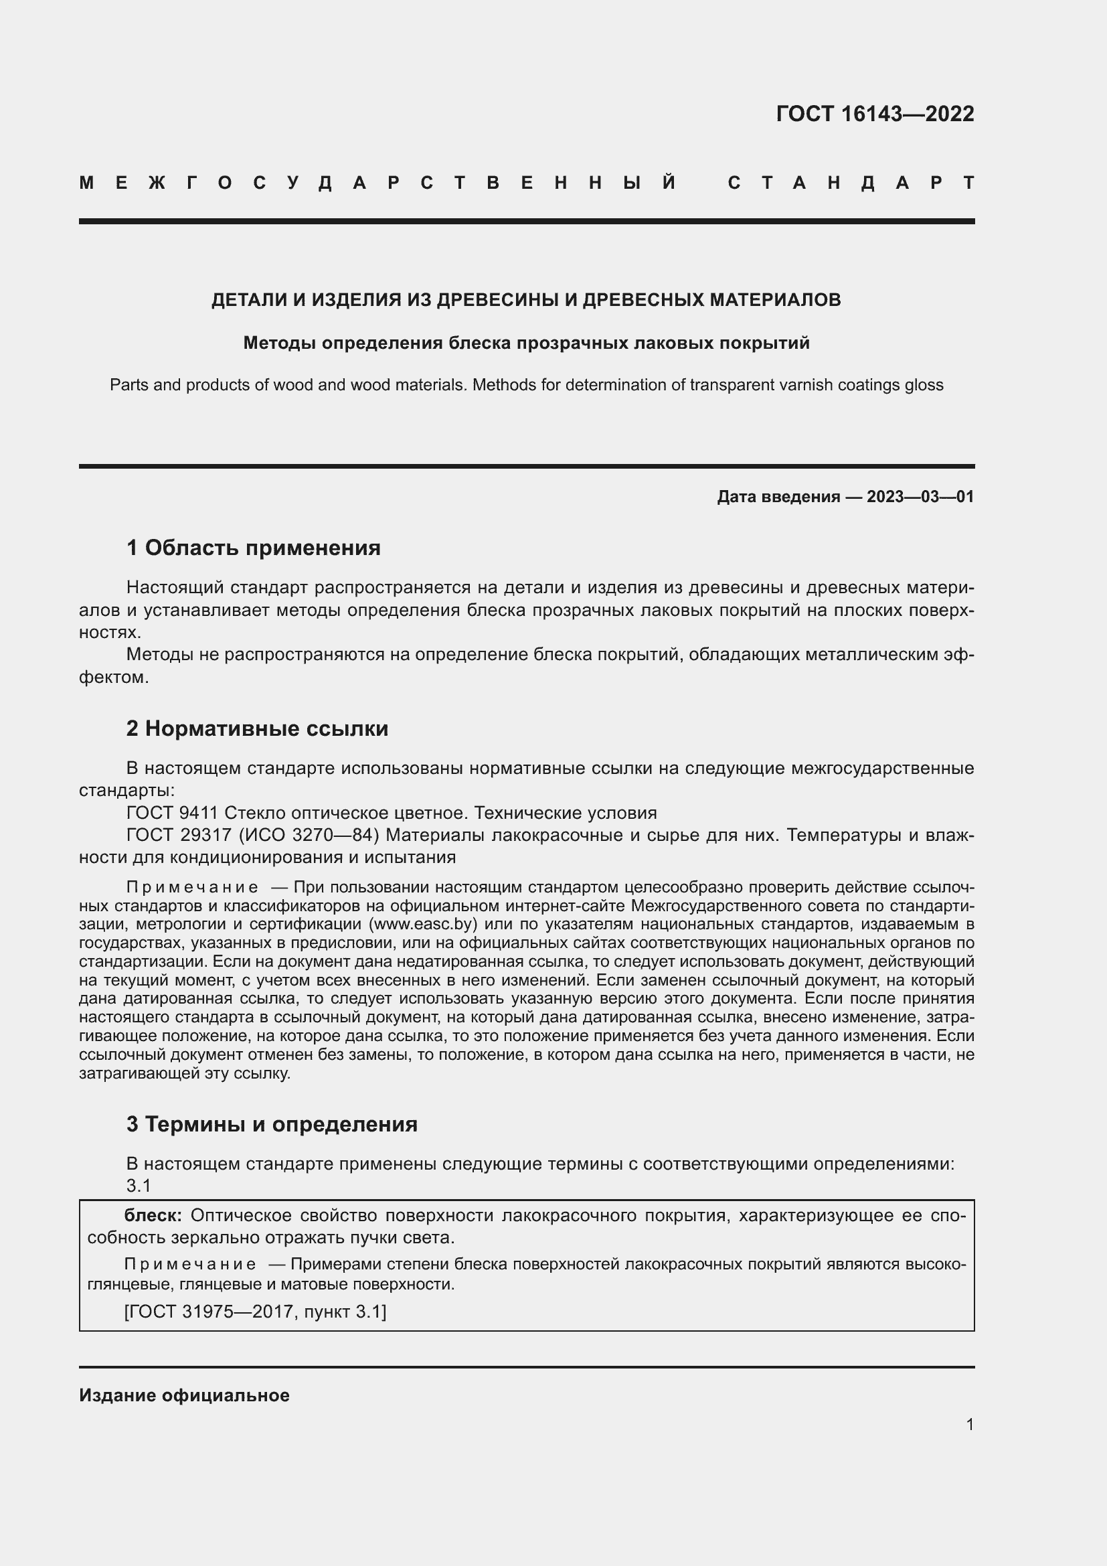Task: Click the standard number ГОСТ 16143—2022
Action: [875, 114]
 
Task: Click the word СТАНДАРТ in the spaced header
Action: [851, 183]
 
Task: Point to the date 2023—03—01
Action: [920, 497]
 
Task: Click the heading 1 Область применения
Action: [254, 548]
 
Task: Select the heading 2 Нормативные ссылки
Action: [257, 728]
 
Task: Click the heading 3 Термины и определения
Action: [272, 1123]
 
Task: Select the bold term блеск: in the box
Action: [153, 1215]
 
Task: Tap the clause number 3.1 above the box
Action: [139, 1186]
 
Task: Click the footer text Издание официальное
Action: [184, 1395]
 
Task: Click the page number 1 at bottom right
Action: [970, 1424]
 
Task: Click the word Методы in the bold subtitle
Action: [280, 343]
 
